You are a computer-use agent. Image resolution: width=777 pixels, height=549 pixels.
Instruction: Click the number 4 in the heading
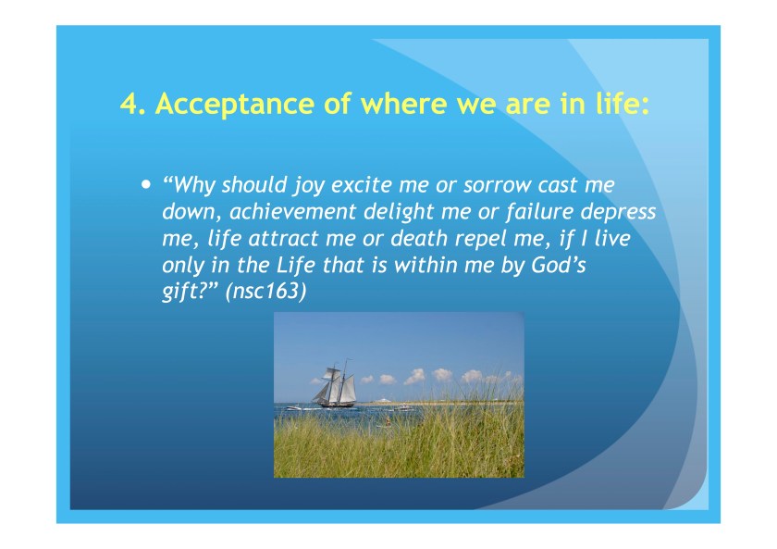(129, 104)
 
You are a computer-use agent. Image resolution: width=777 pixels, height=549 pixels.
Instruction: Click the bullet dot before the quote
(144, 184)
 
